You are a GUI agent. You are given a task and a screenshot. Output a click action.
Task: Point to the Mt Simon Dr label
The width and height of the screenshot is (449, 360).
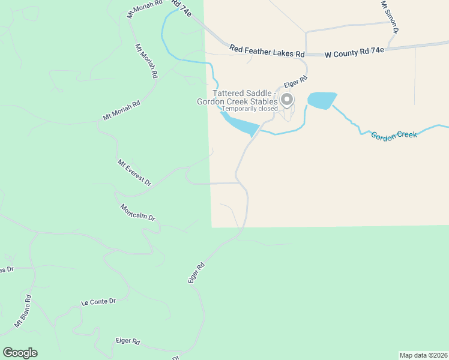390,17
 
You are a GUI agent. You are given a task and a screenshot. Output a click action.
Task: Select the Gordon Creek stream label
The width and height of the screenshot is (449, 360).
394,135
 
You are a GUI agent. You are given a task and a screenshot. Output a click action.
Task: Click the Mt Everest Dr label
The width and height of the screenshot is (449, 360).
134,173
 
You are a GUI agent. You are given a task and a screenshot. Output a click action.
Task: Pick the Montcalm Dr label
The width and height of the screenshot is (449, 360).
137,212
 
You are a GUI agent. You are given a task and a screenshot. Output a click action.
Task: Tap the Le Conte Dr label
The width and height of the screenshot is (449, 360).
98,302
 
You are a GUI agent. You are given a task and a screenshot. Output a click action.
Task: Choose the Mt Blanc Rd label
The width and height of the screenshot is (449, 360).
22,311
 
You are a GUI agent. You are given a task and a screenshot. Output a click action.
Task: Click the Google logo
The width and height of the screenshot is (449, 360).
20,353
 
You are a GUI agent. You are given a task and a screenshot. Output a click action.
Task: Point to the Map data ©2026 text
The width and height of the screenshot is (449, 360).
423,355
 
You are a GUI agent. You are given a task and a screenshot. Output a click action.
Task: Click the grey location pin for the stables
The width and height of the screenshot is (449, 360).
288,100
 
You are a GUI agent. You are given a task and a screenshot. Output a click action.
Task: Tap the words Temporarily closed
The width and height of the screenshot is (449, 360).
250,109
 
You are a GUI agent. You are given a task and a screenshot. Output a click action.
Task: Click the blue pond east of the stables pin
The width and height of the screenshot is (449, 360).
321,100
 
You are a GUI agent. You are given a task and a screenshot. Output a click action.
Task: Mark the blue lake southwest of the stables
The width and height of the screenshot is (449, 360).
240,125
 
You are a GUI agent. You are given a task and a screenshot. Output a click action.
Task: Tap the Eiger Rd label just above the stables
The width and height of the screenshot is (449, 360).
296,80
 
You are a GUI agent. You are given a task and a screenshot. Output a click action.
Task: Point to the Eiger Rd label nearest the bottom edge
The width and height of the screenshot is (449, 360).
127,341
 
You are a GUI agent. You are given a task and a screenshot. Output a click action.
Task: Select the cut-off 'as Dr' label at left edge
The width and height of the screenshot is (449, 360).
7,269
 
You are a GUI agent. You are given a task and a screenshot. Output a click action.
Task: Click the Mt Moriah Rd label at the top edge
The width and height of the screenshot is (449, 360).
145,9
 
